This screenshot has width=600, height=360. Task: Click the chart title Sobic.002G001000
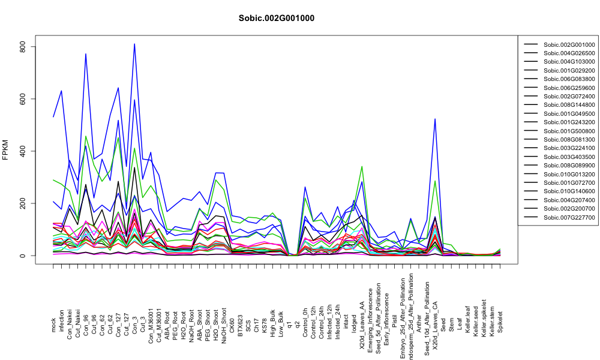click(x=276, y=19)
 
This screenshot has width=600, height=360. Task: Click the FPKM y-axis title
click(x=5, y=150)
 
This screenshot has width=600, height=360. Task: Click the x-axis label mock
click(x=53, y=326)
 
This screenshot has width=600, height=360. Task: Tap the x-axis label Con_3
click(x=134, y=323)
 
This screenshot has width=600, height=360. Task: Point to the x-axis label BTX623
click(x=241, y=322)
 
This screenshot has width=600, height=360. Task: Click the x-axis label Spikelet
click(x=500, y=322)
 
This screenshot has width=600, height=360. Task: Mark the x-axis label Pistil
click(x=395, y=325)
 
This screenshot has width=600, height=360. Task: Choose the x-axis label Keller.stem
click(x=492, y=319)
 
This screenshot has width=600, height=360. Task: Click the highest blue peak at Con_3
click(x=134, y=44)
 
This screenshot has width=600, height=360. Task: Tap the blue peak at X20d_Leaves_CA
click(x=435, y=119)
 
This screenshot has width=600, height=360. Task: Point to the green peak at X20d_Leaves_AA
click(x=362, y=166)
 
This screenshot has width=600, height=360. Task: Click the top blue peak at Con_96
click(x=86, y=54)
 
